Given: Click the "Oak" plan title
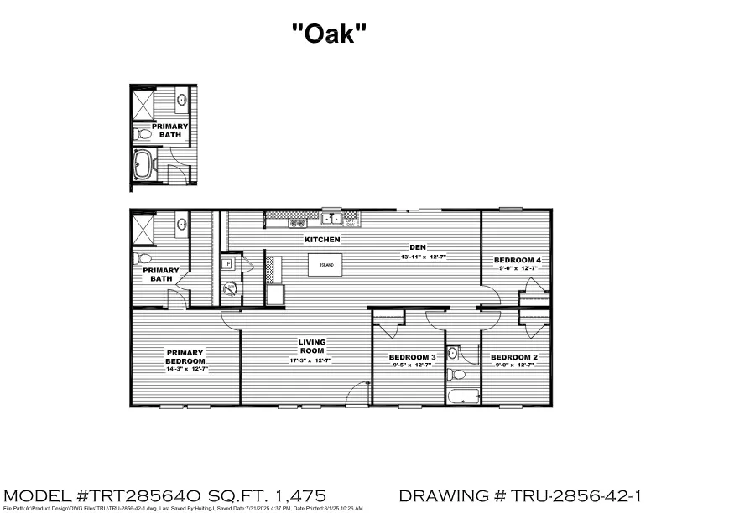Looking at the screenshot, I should tap(329, 34).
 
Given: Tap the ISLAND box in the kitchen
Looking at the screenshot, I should tap(327, 265).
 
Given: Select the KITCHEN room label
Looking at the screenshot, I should tap(322, 240).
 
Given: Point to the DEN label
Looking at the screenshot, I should tap(416, 247).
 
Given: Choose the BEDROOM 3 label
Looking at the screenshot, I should tap(412, 358).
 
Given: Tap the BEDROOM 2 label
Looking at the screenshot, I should tap(514, 358).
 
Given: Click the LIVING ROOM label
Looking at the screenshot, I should tap(312, 346).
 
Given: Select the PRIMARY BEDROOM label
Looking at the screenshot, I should tap(186, 356).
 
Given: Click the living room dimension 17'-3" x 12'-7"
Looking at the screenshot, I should tap(312, 360).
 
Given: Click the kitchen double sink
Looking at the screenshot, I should tap(334, 220).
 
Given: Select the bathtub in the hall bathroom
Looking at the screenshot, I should tap(462, 396).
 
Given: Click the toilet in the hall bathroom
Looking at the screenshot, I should tap(452, 374).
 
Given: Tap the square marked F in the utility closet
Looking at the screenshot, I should tap(227, 263).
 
